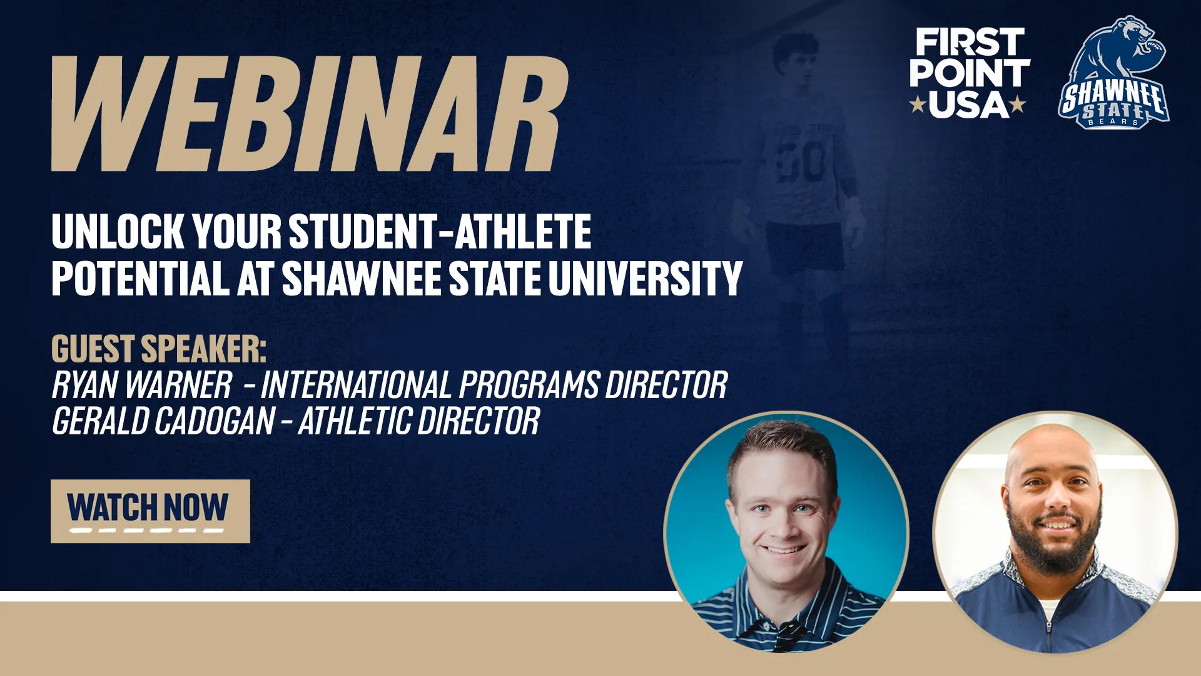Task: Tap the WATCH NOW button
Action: pyautogui.click(x=150, y=511)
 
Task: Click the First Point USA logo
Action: pyautogui.click(x=969, y=73)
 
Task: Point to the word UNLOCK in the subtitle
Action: pyautogui.click(x=117, y=232)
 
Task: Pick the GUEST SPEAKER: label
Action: pyautogui.click(x=158, y=349)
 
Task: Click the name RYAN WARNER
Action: pyautogui.click(x=142, y=385)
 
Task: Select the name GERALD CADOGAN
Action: pyautogui.click(x=163, y=421)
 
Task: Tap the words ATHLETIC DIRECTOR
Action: pyautogui.click(x=418, y=421)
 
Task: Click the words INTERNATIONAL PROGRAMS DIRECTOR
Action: pyautogui.click(x=494, y=385)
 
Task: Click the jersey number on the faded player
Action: pyautogui.click(x=800, y=162)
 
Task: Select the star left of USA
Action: pyautogui.click(x=918, y=104)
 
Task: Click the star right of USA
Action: pyautogui.click(x=1018, y=104)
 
